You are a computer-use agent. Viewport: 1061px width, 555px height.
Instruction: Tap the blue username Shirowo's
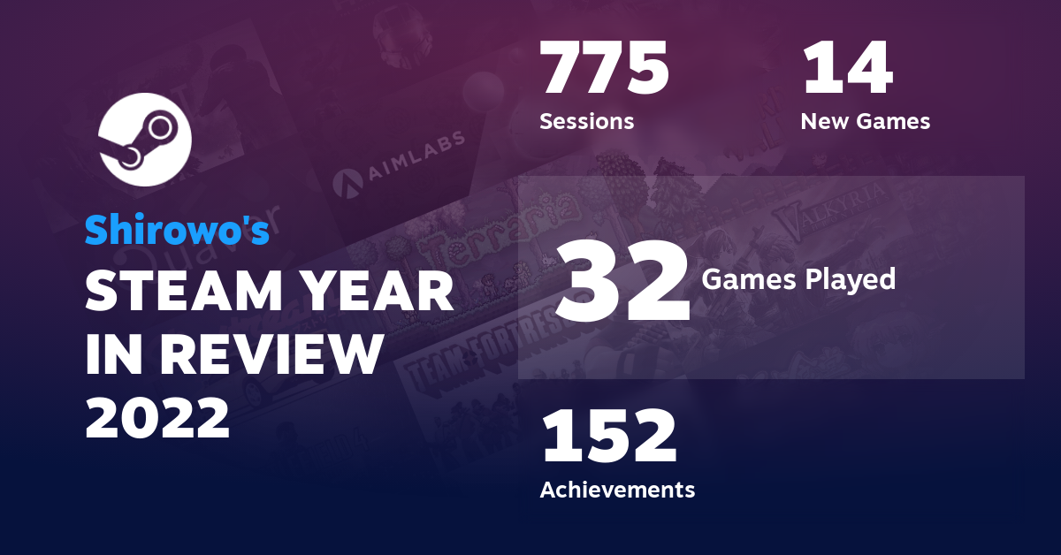pyautogui.click(x=177, y=231)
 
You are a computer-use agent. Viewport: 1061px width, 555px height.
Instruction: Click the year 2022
pyautogui.click(x=157, y=416)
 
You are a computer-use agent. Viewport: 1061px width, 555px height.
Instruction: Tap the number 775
pyautogui.click(x=605, y=70)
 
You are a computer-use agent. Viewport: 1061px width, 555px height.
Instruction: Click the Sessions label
pyautogui.click(x=586, y=121)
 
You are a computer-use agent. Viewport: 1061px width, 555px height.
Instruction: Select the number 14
pyautogui.click(x=846, y=70)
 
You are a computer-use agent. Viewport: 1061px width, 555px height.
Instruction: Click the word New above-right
pyautogui.click(x=825, y=121)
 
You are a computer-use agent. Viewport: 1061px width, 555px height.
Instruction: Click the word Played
pyautogui.click(x=850, y=279)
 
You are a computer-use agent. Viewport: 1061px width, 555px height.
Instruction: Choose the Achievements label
pyautogui.click(x=617, y=489)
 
